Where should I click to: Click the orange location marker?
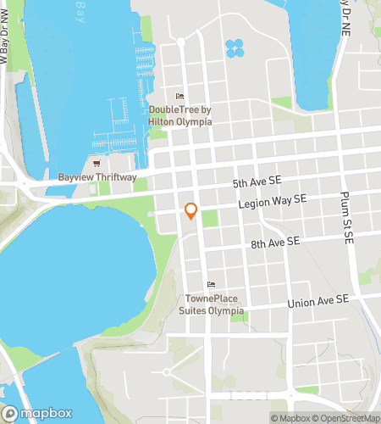[191, 211]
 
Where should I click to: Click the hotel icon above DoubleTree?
[178, 96]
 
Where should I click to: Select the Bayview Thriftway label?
[97, 177]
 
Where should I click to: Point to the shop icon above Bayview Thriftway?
[97, 163]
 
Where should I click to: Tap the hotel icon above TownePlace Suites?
[211, 284]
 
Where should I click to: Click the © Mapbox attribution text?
[290, 417]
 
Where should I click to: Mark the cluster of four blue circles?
[235, 48]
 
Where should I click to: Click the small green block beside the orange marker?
[208, 217]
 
